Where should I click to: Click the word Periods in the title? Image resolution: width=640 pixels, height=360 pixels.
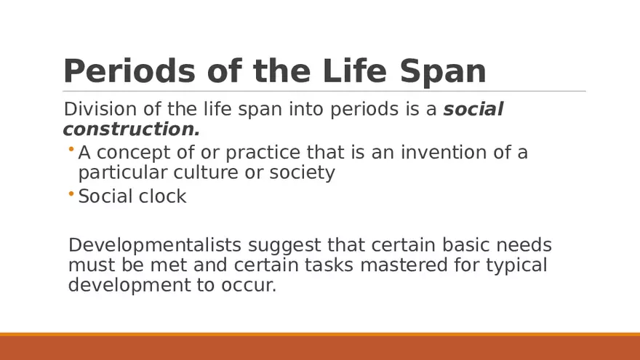pyautogui.click(x=129, y=71)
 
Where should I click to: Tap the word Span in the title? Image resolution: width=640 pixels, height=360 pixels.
pyautogui.click(x=443, y=72)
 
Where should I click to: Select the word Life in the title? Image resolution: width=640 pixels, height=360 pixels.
pyautogui.click(x=354, y=71)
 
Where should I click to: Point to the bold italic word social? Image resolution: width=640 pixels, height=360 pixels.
pyautogui.click(x=473, y=109)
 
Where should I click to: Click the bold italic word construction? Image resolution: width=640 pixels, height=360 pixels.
pyautogui.click(x=132, y=129)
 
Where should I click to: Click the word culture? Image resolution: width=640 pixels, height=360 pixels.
pyautogui.click(x=206, y=172)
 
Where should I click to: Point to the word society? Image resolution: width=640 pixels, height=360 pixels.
pyautogui.click(x=302, y=173)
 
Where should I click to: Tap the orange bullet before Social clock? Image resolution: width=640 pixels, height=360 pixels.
pyautogui.click(x=71, y=193)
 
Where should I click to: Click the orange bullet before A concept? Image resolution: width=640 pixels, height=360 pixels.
pyautogui.click(x=71, y=149)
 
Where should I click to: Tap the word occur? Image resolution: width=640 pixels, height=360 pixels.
pyautogui.click(x=249, y=286)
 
